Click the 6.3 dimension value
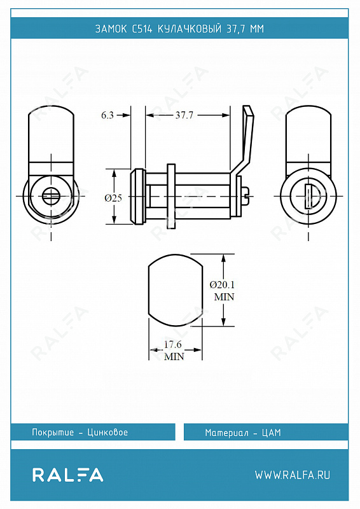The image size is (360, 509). click(107, 115)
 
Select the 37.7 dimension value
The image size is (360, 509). click(184, 115)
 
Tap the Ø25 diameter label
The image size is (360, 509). click(113, 198)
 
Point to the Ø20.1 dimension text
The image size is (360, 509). click(222, 284)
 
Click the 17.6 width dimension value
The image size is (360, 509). click(173, 344)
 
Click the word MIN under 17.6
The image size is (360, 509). click(174, 356)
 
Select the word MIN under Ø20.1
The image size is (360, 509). click(224, 296)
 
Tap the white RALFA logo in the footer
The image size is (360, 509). click(68, 475)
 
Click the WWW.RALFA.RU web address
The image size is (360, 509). click(293, 475)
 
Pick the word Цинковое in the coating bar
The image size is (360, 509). click(107, 432)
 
